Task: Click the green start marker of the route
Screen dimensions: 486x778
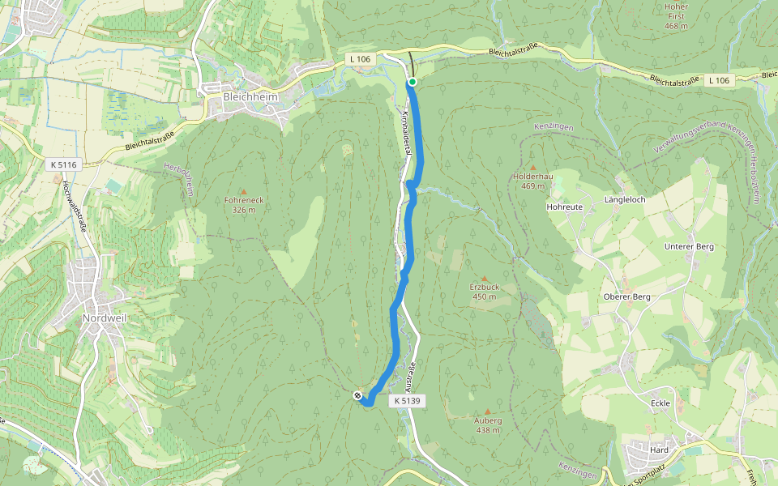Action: pos(413,82)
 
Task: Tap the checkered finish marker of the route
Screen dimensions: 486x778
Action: pos(357,395)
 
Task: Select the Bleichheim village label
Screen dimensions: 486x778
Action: pos(250,96)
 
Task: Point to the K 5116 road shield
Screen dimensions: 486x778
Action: pos(62,164)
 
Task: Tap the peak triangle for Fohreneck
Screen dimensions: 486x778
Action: pos(242,192)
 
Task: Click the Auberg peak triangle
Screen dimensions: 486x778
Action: pos(487,412)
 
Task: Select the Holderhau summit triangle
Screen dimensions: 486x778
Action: pos(532,168)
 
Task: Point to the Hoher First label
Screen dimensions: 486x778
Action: pos(676,17)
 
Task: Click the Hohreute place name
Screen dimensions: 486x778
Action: pos(565,207)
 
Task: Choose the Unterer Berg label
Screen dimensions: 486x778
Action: pos(688,246)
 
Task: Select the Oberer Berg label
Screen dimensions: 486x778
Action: pos(627,296)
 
